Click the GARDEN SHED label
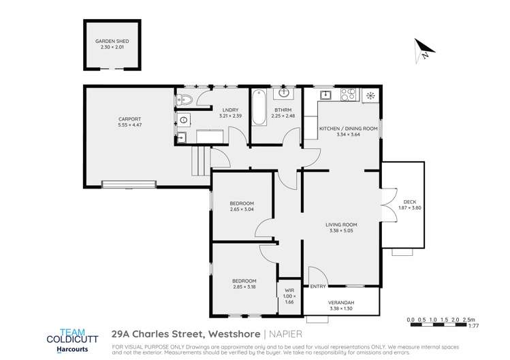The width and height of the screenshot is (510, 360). pyautogui.click(x=112, y=42)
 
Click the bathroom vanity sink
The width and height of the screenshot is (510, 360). pyautogui.click(x=285, y=93)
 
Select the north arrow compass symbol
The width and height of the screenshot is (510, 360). pyautogui.click(x=423, y=48)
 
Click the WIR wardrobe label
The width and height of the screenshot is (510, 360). pyautogui.click(x=289, y=291)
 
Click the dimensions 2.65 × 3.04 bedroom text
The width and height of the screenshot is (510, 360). pyautogui.click(x=242, y=210)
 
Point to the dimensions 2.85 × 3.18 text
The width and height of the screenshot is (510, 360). pyautogui.click(x=244, y=287)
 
